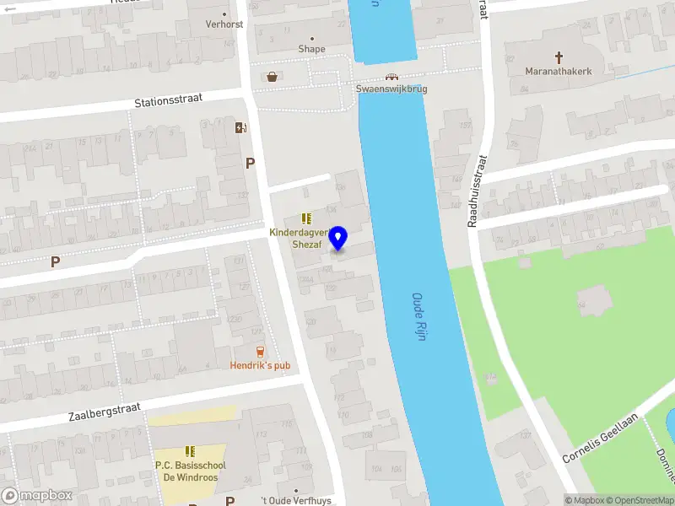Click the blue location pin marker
click(338, 238)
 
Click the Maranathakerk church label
click(559, 72)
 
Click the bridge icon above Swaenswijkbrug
click(392, 76)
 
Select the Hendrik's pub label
click(260, 365)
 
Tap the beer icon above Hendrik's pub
click(260, 351)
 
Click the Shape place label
click(311, 49)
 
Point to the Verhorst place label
click(224, 24)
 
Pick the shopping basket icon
click(273, 77)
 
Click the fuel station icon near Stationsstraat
click(241, 127)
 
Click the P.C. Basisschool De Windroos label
click(190, 471)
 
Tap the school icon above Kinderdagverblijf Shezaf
click(305, 218)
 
